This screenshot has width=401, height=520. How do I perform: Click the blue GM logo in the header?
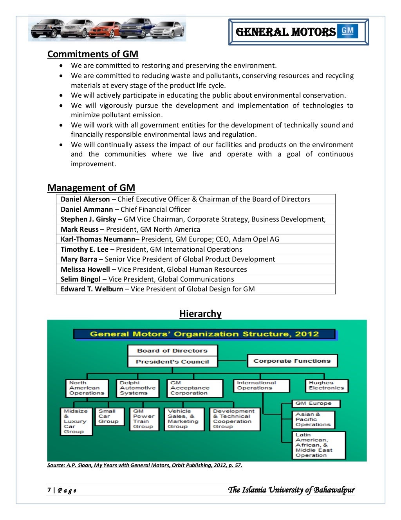347,31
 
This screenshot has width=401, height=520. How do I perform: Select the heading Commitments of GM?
92,54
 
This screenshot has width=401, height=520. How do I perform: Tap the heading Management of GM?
91,188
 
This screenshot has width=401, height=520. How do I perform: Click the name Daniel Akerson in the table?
85,199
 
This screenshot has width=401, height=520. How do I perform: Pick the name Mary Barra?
79,259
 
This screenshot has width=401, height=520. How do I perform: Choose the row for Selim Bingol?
195,279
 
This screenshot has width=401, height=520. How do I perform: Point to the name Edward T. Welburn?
92,289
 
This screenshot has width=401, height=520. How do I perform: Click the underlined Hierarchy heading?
200,314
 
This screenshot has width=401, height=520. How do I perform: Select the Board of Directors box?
172,351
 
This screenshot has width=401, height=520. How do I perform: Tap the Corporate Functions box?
292,361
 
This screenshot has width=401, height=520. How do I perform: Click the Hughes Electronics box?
326,385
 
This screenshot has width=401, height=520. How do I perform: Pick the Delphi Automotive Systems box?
137,388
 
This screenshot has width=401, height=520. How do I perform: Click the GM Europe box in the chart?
316,403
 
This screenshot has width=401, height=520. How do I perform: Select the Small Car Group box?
109,416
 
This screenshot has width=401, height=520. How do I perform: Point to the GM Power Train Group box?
144,419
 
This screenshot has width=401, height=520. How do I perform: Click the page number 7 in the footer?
49,490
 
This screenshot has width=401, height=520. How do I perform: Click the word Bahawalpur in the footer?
334,490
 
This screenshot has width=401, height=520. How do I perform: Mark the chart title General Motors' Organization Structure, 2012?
204,334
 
